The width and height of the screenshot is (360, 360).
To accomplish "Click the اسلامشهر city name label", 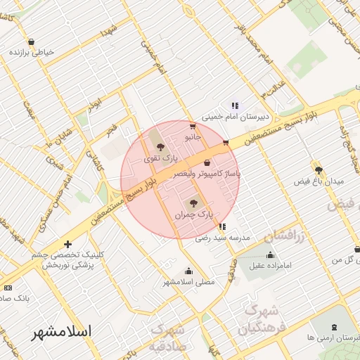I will click(x=67, y=331).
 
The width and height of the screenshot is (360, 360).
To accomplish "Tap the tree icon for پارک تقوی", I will click(x=162, y=147).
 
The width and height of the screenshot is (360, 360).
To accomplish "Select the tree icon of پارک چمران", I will click(x=195, y=202).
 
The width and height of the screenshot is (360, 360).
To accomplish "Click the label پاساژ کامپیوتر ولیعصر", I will click(x=208, y=172).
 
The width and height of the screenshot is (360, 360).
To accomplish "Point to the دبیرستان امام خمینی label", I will click(x=231, y=117).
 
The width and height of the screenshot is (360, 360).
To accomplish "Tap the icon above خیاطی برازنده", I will click(x=32, y=41).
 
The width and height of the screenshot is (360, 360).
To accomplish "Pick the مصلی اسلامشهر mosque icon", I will click(x=188, y=271).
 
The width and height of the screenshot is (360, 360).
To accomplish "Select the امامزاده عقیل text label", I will click(x=274, y=266).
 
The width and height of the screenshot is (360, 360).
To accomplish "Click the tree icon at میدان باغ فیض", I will click(x=319, y=170).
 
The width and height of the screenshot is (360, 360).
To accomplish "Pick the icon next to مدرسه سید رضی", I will click(x=222, y=226).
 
